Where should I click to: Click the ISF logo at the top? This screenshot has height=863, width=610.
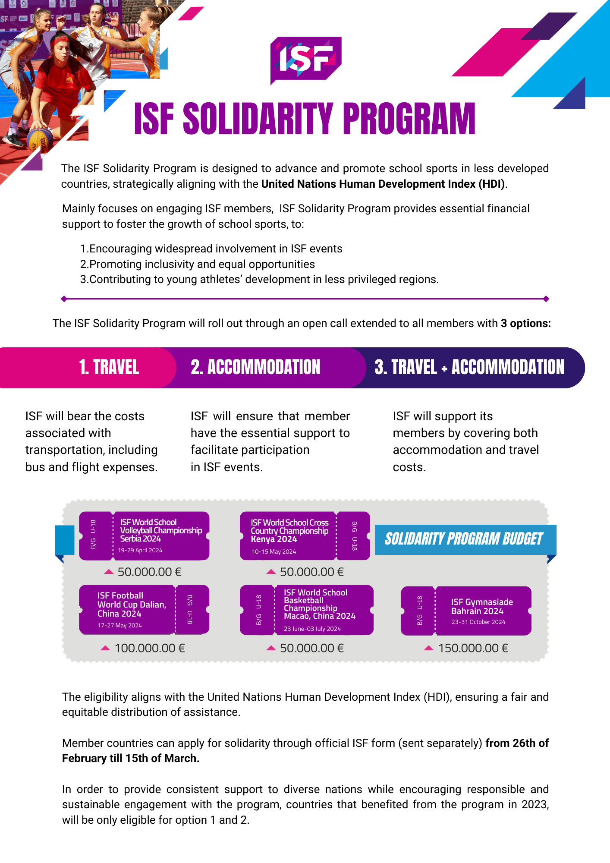(305, 60)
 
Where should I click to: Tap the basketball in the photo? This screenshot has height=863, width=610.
(40, 140)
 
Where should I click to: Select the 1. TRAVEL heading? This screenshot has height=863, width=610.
(109, 368)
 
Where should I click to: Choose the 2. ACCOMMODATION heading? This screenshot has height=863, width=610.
(255, 368)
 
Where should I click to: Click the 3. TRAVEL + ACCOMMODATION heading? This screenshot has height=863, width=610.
(469, 368)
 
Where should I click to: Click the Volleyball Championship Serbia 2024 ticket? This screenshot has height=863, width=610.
(144, 535)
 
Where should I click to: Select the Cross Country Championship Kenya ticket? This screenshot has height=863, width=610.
(305, 535)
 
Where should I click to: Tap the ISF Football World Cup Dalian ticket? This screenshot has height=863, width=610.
(144, 609)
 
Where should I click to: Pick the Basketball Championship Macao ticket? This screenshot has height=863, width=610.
(306, 610)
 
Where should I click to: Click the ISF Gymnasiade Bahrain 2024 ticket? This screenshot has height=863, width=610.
(466, 611)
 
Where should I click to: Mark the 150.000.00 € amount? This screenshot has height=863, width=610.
(473, 648)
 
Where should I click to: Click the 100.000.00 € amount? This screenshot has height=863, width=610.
(149, 648)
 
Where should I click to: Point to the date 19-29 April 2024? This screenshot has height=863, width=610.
(140, 551)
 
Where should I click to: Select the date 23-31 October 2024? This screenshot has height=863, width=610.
(478, 622)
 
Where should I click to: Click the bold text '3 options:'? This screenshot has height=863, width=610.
(525, 324)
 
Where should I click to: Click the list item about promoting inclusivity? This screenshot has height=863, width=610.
(198, 264)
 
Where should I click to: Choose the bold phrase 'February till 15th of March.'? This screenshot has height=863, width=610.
(131, 759)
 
